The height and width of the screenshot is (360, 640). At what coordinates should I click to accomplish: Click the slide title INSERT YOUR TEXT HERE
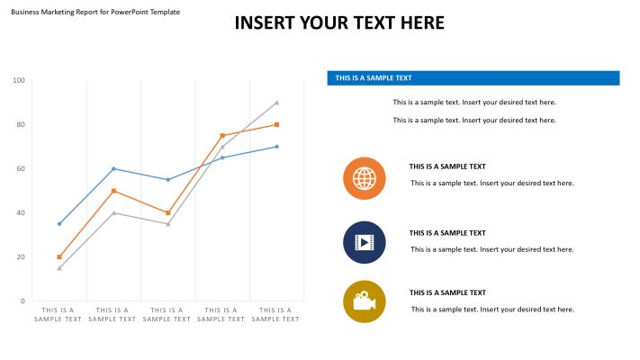[x=339, y=23]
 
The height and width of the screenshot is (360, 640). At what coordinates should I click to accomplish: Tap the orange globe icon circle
[x=365, y=178]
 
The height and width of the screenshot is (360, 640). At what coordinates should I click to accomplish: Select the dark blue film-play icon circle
[x=365, y=242]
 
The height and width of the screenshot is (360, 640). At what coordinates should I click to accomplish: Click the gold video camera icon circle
[x=365, y=301]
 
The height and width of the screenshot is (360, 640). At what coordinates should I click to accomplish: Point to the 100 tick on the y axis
[x=19, y=81]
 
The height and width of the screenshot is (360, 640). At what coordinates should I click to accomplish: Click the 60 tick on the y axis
[x=20, y=169]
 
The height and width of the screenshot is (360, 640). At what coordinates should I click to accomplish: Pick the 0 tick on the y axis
[x=22, y=301]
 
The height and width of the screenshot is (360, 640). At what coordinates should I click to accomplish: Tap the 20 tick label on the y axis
[x=20, y=257]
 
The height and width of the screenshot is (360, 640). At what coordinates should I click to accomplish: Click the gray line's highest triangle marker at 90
[x=276, y=103]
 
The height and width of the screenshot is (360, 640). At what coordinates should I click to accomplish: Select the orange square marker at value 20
[x=59, y=257]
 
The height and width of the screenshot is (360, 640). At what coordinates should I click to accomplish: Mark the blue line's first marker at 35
[x=59, y=224]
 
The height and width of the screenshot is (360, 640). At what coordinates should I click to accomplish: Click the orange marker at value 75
[x=222, y=136]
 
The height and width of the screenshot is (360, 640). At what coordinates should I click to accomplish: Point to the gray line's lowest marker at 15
[x=59, y=268]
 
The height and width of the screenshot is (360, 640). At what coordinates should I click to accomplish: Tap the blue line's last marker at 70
[x=276, y=147]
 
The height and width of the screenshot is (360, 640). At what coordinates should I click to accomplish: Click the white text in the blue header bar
[x=374, y=78]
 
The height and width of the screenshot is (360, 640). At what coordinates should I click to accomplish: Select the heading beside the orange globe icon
[x=447, y=166]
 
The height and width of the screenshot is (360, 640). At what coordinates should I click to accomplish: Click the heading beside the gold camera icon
[x=447, y=292]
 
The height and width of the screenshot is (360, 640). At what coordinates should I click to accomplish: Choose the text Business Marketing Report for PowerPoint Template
[x=95, y=12]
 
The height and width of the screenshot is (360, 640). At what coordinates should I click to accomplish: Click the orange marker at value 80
[x=276, y=125]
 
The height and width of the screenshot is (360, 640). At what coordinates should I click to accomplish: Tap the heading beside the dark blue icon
[x=447, y=233]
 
